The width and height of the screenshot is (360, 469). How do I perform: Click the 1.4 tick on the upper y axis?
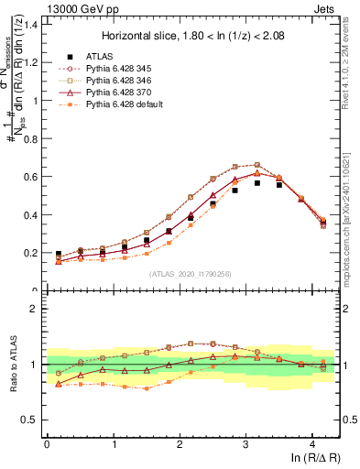click(x=33, y=24)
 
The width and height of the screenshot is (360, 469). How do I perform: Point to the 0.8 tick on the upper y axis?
click(x=33, y=138)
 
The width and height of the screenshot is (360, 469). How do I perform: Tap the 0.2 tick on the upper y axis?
click(x=33, y=253)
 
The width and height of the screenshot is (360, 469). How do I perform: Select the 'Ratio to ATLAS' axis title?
click(x=12, y=365)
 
